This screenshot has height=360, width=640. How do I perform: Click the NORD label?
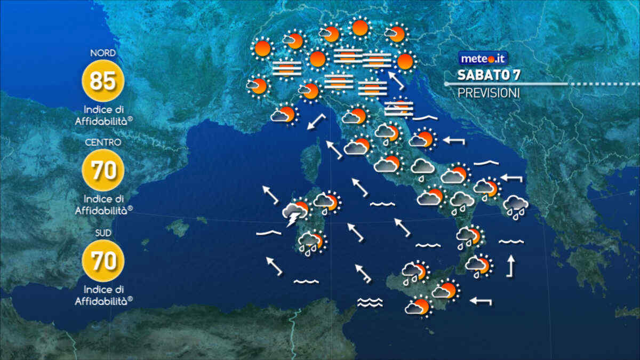[103, 53]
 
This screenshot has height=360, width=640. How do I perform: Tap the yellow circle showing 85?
[103, 81]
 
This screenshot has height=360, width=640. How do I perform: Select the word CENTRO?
[103, 142]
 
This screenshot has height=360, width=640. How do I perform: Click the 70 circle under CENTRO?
[103, 171]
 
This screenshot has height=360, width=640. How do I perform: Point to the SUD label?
[103, 233]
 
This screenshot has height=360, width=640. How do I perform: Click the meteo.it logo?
[483, 58]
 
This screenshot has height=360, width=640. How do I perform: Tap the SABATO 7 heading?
[489, 75]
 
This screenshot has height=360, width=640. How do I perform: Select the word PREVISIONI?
[489, 93]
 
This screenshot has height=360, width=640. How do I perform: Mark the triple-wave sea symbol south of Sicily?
[370, 302]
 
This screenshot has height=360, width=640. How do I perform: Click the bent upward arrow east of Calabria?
[511, 266]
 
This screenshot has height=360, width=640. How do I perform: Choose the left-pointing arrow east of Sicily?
[481, 301]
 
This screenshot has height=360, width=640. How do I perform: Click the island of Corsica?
[311, 161]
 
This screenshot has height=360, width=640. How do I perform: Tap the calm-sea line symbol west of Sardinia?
[268, 233]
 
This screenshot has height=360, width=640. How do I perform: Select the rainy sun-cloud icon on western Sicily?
[414, 272]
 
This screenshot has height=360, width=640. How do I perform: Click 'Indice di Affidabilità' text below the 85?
[103, 115]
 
